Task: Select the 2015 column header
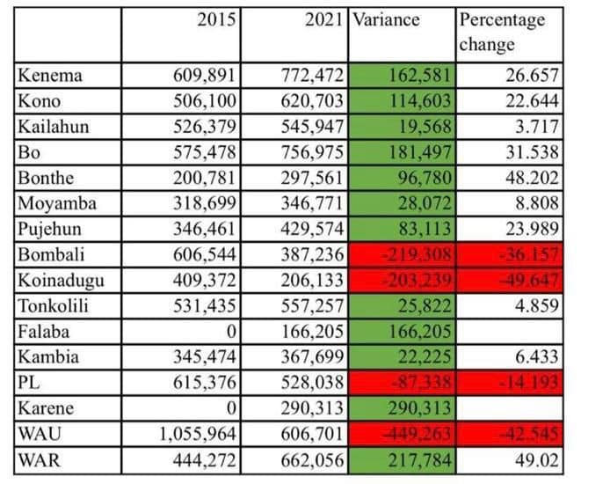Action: point(218,19)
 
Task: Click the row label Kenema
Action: point(50,75)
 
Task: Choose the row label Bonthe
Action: point(47,179)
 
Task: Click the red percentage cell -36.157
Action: point(527,255)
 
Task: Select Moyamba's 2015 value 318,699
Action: point(204,204)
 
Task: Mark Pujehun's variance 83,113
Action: point(424,230)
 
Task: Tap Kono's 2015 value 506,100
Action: point(204,100)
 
